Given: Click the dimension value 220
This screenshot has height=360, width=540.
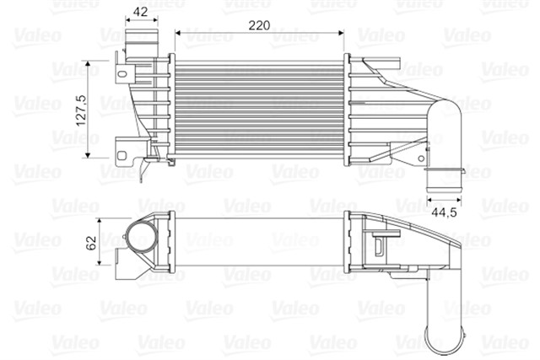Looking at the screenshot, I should (x=259, y=25).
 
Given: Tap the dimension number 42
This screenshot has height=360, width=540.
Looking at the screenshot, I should (x=141, y=12).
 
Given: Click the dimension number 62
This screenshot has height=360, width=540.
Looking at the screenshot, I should (x=90, y=244).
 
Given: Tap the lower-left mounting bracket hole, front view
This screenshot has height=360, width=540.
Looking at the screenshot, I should (x=124, y=155).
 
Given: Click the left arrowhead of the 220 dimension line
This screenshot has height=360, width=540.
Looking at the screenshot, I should (x=178, y=33).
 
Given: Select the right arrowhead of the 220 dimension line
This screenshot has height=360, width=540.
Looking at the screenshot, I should (x=341, y=33).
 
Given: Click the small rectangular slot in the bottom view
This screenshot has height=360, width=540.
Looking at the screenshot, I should (x=379, y=244).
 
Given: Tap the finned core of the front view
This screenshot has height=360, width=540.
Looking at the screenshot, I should (x=258, y=105).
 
